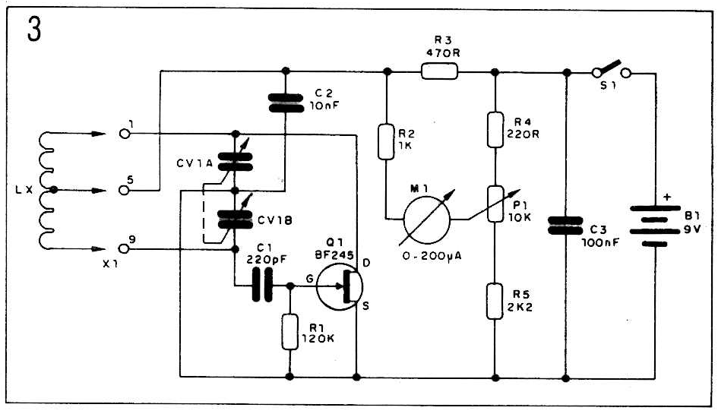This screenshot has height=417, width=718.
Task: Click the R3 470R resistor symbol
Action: pos(439,72)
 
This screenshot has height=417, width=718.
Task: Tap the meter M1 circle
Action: pos(427,220)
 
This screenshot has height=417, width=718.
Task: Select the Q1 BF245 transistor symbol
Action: pos(340,287)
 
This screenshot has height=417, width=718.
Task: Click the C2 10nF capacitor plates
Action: pos(286,103)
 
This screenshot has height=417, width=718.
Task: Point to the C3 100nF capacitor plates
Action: pos(565,226)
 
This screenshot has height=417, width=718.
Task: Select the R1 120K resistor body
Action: pos(289,332)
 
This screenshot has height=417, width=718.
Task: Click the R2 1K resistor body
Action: pos(386,141)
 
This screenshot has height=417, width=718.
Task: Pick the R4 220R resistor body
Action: pos(495,130)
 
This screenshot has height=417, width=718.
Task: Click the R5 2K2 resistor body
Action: pos(495,301)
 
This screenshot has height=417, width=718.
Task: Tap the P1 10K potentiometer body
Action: pos(495,204)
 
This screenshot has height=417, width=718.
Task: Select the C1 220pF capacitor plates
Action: pos(262,285)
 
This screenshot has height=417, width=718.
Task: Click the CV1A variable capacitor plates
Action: pos(236,162)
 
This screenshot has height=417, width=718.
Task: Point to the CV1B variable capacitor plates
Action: pos(236,220)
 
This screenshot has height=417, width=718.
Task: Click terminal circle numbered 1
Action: pos(124,134)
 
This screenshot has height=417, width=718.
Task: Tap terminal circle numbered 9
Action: pos(124,248)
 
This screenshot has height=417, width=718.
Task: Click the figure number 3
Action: pos(34,30)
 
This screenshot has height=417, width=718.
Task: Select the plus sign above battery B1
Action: pos(667,197)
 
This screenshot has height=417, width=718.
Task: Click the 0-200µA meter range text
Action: pos(432,257)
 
